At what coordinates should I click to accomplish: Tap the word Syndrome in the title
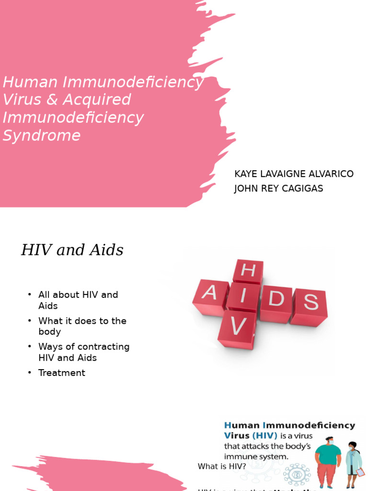[41, 136]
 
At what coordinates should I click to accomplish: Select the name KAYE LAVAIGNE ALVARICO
[294, 174]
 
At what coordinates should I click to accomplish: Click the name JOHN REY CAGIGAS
[278, 188]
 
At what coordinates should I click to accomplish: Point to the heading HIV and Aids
[72, 250]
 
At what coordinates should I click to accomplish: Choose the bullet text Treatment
[62, 373]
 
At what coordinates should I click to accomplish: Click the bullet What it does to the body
[82, 326]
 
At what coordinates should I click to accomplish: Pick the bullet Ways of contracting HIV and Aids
[84, 352]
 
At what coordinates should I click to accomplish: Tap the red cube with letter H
[248, 271]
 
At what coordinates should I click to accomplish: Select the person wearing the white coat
[354, 463]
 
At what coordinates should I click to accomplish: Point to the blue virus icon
[297, 475]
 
